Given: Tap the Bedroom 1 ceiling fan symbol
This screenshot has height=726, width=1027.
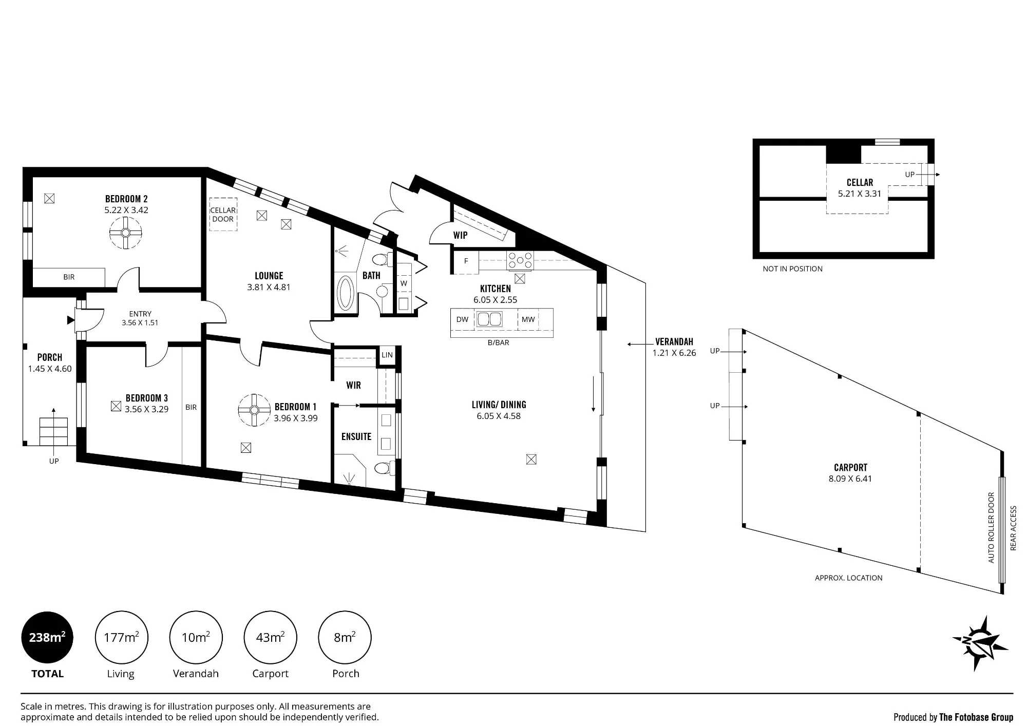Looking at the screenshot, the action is click(x=254, y=410).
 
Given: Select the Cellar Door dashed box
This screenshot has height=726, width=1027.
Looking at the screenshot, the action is click(x=223, y=215).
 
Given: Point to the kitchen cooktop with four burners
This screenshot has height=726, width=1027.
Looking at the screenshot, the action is click(x=520, y=261).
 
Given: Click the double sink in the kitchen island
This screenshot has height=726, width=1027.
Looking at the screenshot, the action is click(x=489, y=319).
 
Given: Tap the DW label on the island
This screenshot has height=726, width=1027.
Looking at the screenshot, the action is click(x=462, y=319).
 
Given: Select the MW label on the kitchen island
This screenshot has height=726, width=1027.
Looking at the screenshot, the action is click(x=528, y=319).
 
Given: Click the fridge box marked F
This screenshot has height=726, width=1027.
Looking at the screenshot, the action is click(x=466, y=261).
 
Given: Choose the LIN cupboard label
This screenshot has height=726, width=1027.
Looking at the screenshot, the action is click(x=387, y=355).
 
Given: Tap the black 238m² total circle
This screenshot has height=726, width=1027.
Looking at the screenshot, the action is click(x=47, y=638).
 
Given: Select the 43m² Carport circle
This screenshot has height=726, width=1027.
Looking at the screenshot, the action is click(x=270, y=638).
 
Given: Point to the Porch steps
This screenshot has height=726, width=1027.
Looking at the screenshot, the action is click(x=54, y=432).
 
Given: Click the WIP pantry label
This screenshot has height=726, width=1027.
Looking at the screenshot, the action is click(x=460, y=235).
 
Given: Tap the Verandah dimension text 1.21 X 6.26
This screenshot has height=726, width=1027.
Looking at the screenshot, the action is click(x=674, y=353).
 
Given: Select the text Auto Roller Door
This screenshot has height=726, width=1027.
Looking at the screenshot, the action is click(x=991, y=528).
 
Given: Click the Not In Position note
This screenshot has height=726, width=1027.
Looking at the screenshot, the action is click(x=792, y=269).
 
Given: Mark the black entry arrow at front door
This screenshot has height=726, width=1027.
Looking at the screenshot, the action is click(x=71, y=320).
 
